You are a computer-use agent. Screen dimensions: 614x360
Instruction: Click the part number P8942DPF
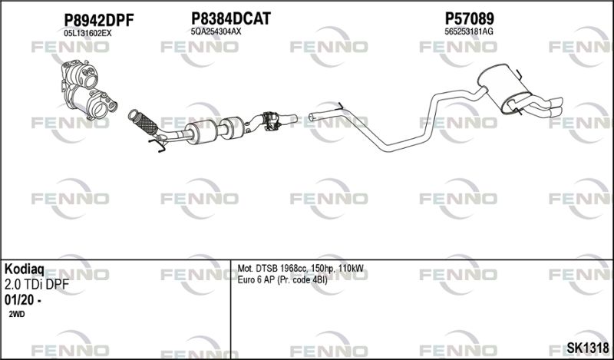tap(99, 20)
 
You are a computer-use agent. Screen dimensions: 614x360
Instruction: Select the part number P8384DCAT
tap(231, 18)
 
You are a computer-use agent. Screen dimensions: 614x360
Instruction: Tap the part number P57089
tap(469, 18)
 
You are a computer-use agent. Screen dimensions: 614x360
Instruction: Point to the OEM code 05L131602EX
tap(87, 33)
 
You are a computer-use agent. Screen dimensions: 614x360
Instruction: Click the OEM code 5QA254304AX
tap(216, 31)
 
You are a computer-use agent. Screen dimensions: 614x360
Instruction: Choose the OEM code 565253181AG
tap(469, 31)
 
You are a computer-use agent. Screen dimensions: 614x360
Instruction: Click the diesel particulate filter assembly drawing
tap(88, 90)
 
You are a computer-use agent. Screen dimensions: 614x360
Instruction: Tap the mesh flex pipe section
tap(146, 123)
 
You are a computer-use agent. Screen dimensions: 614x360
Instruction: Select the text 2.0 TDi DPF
tap(36, 285)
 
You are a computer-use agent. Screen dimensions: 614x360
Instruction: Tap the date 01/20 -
tap(24, 300)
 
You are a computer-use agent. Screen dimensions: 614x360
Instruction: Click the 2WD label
tap(16, 314)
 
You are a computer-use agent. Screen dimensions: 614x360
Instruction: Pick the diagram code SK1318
tap(588, 348)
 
